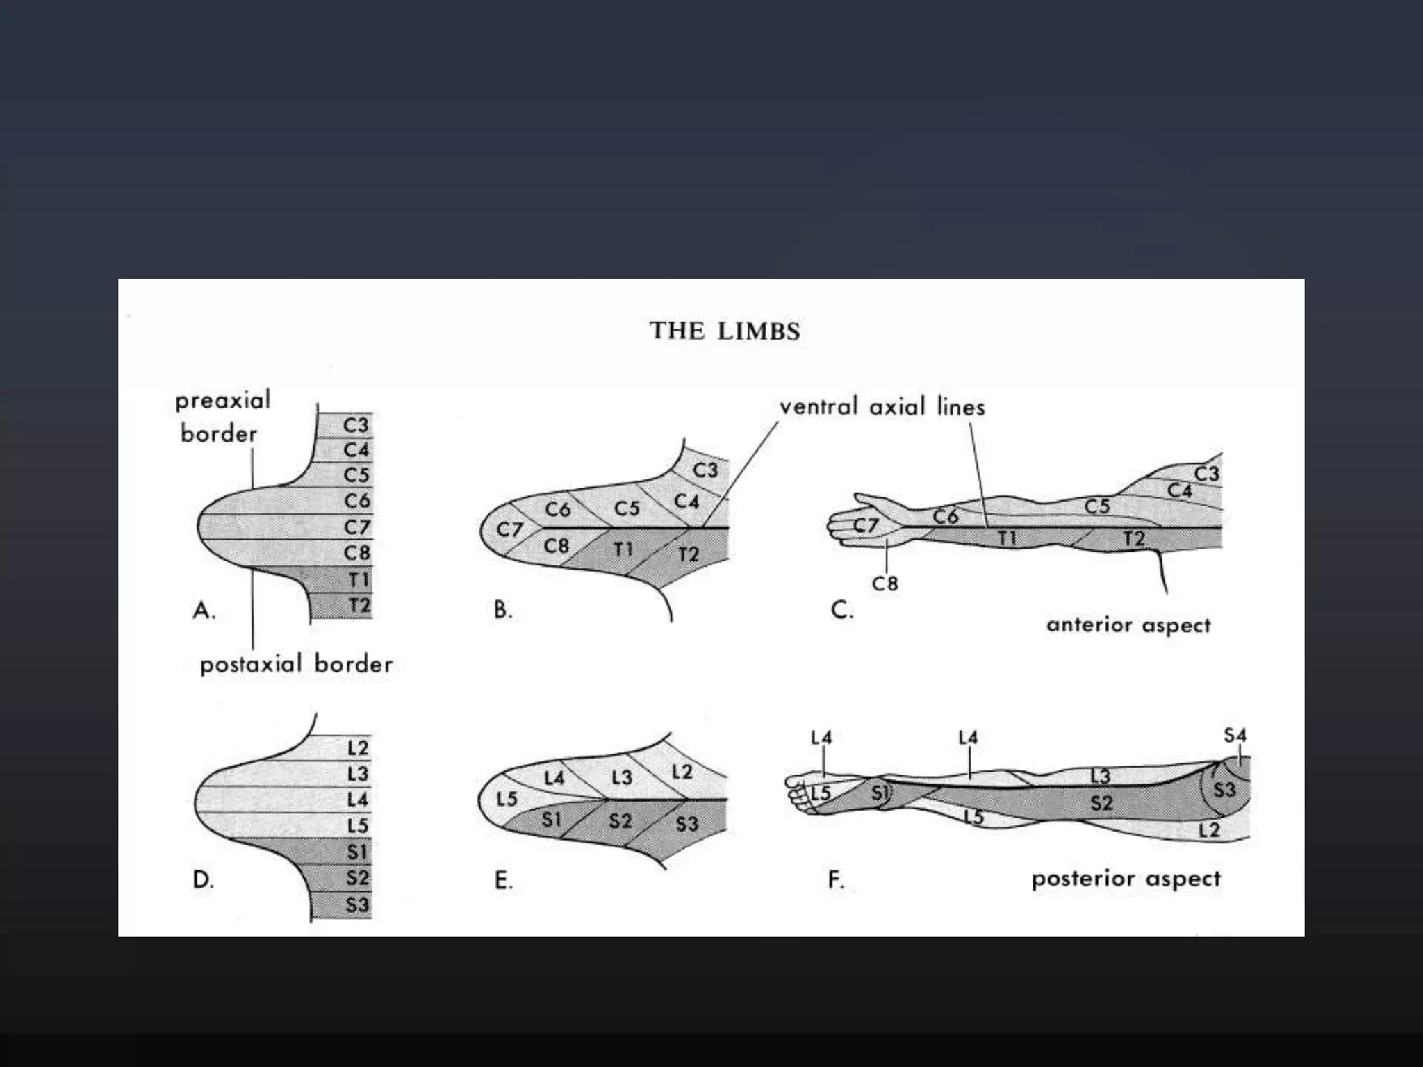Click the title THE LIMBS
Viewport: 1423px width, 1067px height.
click(x=725, y=331)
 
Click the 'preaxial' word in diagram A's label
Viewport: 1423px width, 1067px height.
click(x=222, y=401)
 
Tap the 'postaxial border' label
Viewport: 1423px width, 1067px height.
click(x=296, y=665)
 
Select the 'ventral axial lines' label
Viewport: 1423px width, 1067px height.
click(x=882, y=406)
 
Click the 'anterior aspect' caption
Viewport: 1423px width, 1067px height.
click(x=1128, y=625)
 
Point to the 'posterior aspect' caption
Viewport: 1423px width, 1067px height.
click(x=1126, y=879)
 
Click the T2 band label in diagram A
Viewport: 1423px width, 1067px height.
click(x=359, y=606)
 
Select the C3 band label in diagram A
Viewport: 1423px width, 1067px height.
click(x=356, y=424)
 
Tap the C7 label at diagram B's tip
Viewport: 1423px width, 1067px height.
click(x=509, y=530)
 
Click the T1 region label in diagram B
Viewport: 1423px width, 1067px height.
click(x=623, y=550)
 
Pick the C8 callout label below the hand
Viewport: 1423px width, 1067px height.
click(x=885, y=584)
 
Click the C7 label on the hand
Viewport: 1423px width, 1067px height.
click(x=866, y=526)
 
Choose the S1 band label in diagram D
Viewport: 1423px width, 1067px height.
click(x=357, y=852)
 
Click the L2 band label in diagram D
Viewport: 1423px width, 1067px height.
click(x=357, y=748)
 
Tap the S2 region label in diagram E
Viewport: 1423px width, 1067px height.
click(x=620, y=822)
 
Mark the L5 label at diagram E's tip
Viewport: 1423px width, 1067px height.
click(x=507, y=799)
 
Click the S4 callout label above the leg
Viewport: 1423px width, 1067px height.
click(x=1235, y=735)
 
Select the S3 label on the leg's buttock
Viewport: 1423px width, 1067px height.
click(x=1224, y=790)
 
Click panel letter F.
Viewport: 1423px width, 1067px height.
click(x=836, y=881)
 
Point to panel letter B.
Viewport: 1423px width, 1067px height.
click(x=502, y=610)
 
